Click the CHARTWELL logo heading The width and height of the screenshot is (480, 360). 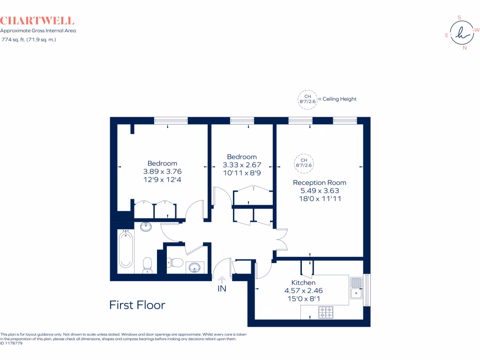click(37, 21)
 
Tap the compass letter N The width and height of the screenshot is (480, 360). click(465, 48)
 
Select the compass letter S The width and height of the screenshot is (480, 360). click(459, 17)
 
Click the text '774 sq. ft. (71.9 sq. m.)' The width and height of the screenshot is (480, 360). click(29, 40)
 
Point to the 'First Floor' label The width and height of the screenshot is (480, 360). click(137, 305)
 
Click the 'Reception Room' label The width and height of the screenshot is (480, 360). click(319, 182)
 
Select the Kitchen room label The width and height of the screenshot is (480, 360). click(303, 283)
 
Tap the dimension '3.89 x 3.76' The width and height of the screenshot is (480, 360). click(162, 172)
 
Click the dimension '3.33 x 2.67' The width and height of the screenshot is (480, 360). click(241, 165)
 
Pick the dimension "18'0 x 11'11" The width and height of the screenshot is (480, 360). click(319, 199)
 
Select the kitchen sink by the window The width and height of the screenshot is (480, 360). click(356, 287)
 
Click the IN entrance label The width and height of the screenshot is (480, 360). click(222, 289)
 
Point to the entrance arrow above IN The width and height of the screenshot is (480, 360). click(222, 279)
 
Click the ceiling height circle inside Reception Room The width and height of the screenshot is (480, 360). click(303, 163)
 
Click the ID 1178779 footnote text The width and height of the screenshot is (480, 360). click(11, 343)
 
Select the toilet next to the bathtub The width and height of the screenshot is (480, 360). click(147, 264)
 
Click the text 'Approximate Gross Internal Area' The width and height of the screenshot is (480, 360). click(38, 30)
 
